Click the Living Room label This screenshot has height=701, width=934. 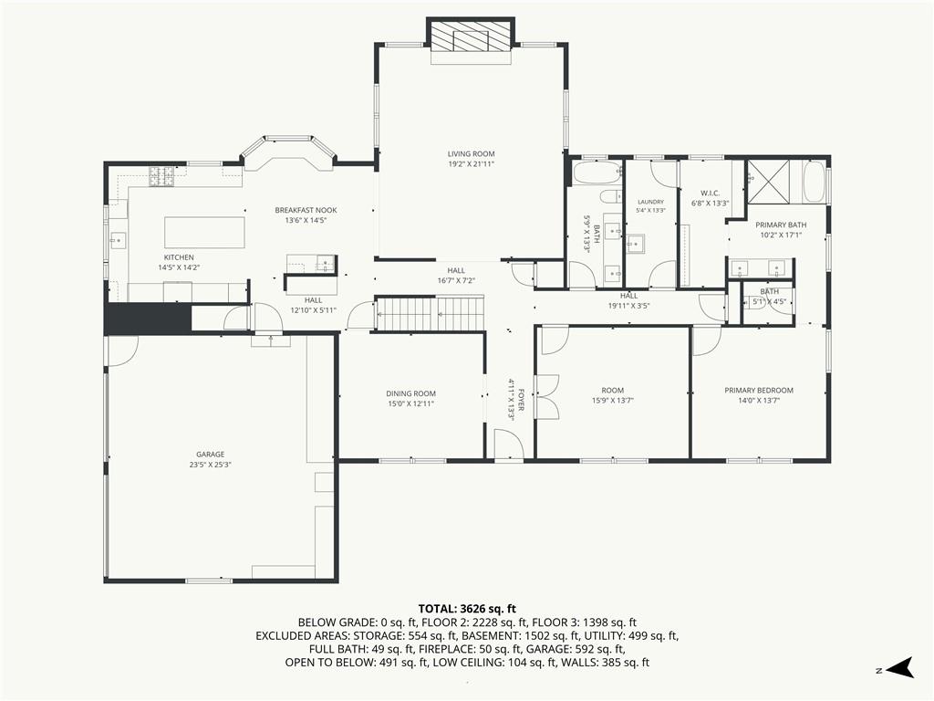click(472, 153)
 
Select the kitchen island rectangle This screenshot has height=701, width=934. click(204, 233)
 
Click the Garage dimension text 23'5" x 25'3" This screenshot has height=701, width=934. click(211, 465)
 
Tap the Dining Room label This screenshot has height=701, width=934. click(411, 393)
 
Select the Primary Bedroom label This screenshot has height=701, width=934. click(759, 391)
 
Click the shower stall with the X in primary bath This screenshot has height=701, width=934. click(768, 182)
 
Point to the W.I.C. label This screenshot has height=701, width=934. click(710, 194)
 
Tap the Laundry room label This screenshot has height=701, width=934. click(649, 202)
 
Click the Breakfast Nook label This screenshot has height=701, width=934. click(306, 210)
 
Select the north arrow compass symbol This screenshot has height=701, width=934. click(899, 667)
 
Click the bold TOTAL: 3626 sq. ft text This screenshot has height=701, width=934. click(467, 609)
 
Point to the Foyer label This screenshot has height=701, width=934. click(521, 400)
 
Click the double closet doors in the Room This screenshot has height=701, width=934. click(547, 397)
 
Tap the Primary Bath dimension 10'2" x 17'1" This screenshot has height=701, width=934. click(781, 235)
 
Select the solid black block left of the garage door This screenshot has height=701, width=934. click(148, 319)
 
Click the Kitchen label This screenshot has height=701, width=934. click(179, 257)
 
